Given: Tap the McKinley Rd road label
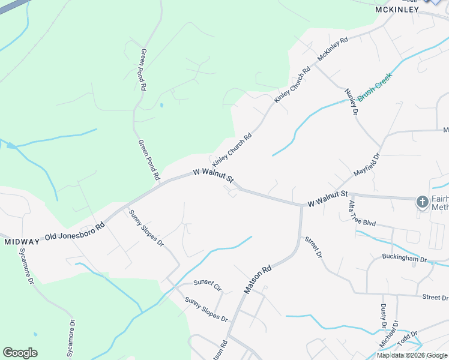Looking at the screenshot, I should click(333, 49).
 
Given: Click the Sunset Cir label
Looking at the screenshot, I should click(208, 285).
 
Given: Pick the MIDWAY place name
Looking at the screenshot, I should click(22, 242).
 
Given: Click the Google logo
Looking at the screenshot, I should click(20, 353).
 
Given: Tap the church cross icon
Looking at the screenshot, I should click(423, 202).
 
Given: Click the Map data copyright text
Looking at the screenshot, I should click(412, 355).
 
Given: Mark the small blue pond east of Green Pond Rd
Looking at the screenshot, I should click(161, 106).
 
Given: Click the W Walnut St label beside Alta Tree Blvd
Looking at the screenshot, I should click(328, 199).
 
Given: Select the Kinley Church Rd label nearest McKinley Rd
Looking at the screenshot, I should click(292, 84).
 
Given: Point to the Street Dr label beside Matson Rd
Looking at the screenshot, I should click(313, 247).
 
